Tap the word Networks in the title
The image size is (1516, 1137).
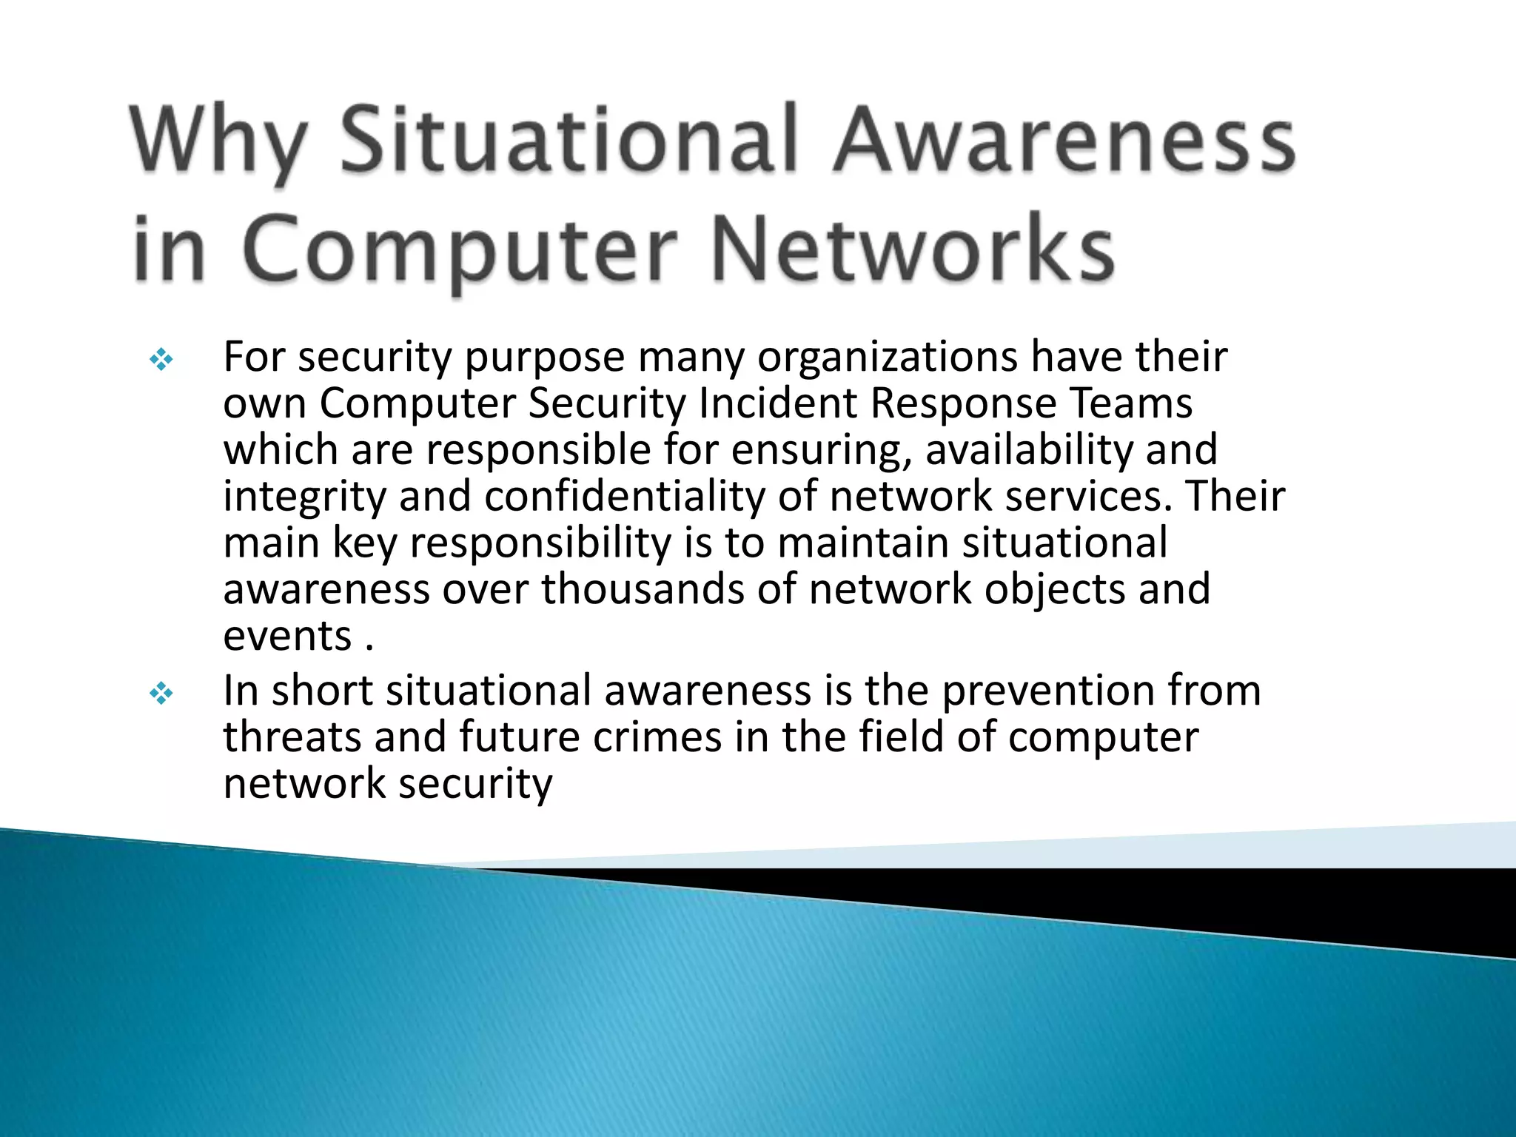[x=912, y=249]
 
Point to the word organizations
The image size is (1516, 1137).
[x=888, y=358]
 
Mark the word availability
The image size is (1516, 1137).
[x=1029, y=451]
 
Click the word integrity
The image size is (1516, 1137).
[x=304, y=498]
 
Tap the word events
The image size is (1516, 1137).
[x=287, y=637]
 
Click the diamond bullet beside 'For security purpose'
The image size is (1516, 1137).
[x=161, y=360]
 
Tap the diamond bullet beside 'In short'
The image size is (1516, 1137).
[x=161, y=694]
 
